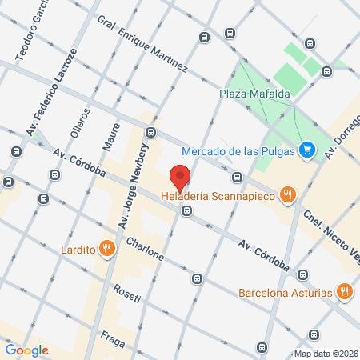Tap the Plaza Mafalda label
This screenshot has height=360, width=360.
click(x=254, y=94)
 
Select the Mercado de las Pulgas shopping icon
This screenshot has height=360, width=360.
click(x=306, y=150)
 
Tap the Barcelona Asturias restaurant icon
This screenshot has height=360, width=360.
click(x=345, y=292)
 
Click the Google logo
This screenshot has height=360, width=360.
click(x=26, y=350)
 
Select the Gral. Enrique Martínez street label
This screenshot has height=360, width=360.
click(x=141, y=44)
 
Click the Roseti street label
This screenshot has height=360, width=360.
click(x=126, y=294)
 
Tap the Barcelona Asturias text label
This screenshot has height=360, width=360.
click(x=285, y=293)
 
